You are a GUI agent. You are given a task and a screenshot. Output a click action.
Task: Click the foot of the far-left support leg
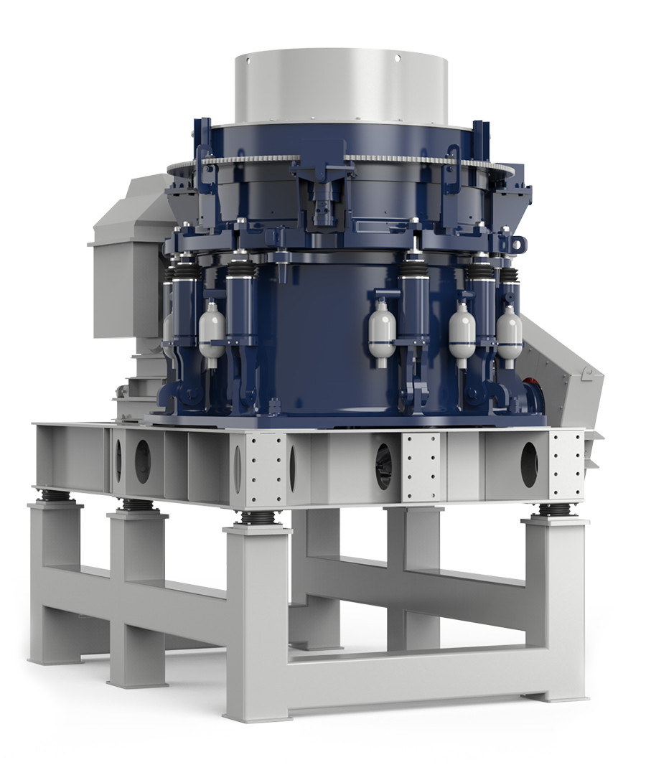tap(54, 657)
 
